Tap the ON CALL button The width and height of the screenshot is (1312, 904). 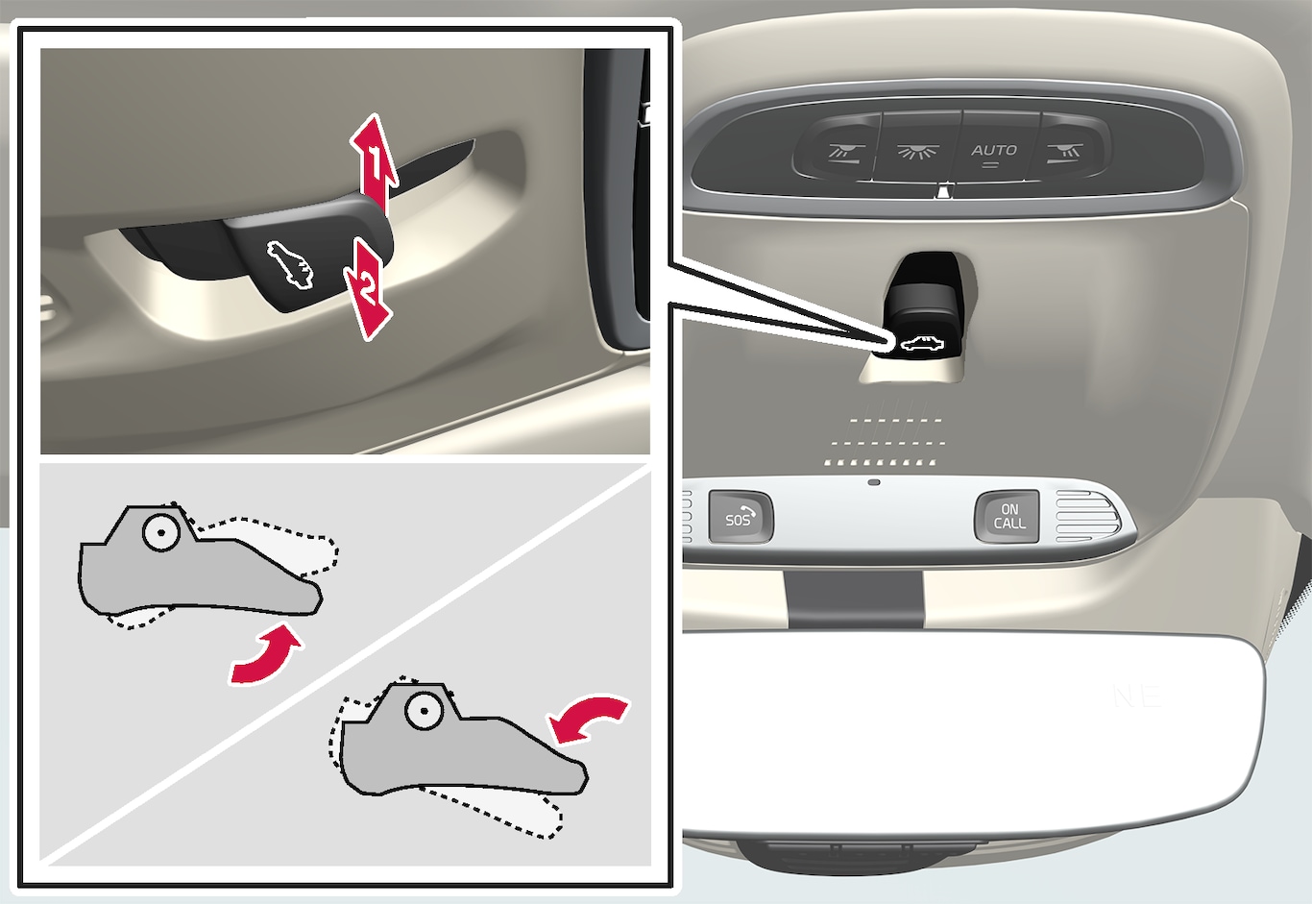1007,517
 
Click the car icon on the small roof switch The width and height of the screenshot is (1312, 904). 921,345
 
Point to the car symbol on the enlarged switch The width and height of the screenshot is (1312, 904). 290,266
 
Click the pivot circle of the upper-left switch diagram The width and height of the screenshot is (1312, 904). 161,531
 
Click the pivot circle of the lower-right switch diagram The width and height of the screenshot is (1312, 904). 423,711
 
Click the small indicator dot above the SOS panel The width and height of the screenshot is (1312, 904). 874,482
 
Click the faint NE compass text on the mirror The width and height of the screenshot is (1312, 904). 1136,696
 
